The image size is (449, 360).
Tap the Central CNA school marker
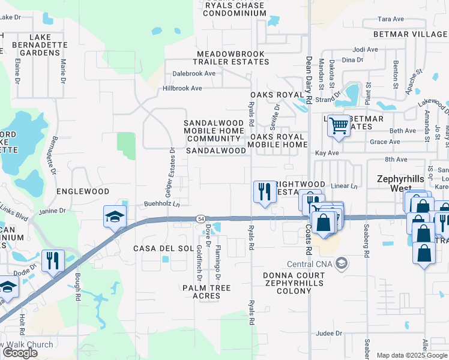click(x=341, y=263)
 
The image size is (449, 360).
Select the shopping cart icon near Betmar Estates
click(x=339, y=125)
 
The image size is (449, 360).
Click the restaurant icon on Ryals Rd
click(x=262, y=191)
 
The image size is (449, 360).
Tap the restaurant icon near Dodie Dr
click(x=53, y=260)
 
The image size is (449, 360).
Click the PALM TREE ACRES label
click(x=206, y=292)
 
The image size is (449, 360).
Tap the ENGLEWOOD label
click(x=83, y=191)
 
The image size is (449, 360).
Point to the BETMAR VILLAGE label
click(x=410, y=34)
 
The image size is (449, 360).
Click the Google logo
click(x=19, y=353)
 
